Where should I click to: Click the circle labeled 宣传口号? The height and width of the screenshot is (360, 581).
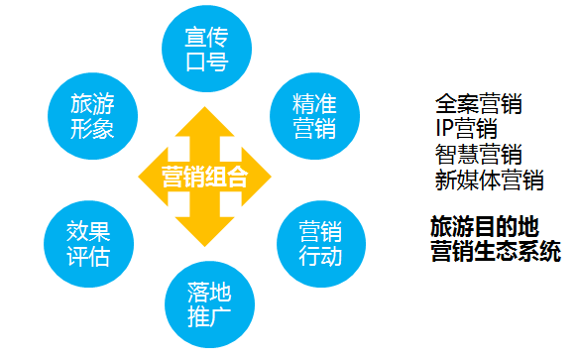(207, 49)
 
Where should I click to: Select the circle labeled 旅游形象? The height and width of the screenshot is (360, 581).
(92, 116)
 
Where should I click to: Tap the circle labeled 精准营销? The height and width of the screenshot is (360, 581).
(314, 116)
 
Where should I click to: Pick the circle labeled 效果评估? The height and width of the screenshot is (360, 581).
(88, 244)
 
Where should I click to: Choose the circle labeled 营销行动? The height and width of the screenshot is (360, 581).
(321, 244)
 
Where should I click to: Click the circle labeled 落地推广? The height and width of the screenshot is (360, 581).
(210, 304)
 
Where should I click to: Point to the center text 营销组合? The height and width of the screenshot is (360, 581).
(204, 177)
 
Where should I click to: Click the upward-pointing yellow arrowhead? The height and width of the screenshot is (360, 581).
(204, 122)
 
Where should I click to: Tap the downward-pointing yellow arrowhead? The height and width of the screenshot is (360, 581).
(204, 232)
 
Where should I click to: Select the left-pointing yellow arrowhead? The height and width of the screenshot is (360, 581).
(153, 177)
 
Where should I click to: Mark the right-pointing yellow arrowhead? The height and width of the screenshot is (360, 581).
(257, 177)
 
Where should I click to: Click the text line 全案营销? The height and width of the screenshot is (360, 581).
(478, 104)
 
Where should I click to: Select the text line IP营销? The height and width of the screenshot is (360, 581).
(466, 129)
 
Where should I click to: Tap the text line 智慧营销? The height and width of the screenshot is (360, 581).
(478, 155)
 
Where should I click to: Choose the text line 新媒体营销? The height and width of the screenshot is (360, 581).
(489, 180)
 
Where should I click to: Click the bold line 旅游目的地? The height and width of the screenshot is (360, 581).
(484, 227)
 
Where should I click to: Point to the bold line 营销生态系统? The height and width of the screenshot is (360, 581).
(496, 251)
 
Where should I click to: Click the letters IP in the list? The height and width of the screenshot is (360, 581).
(444, 129)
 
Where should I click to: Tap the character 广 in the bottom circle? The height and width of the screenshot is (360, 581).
(220, 317)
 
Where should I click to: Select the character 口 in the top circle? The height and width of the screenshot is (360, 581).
(195, 61)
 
